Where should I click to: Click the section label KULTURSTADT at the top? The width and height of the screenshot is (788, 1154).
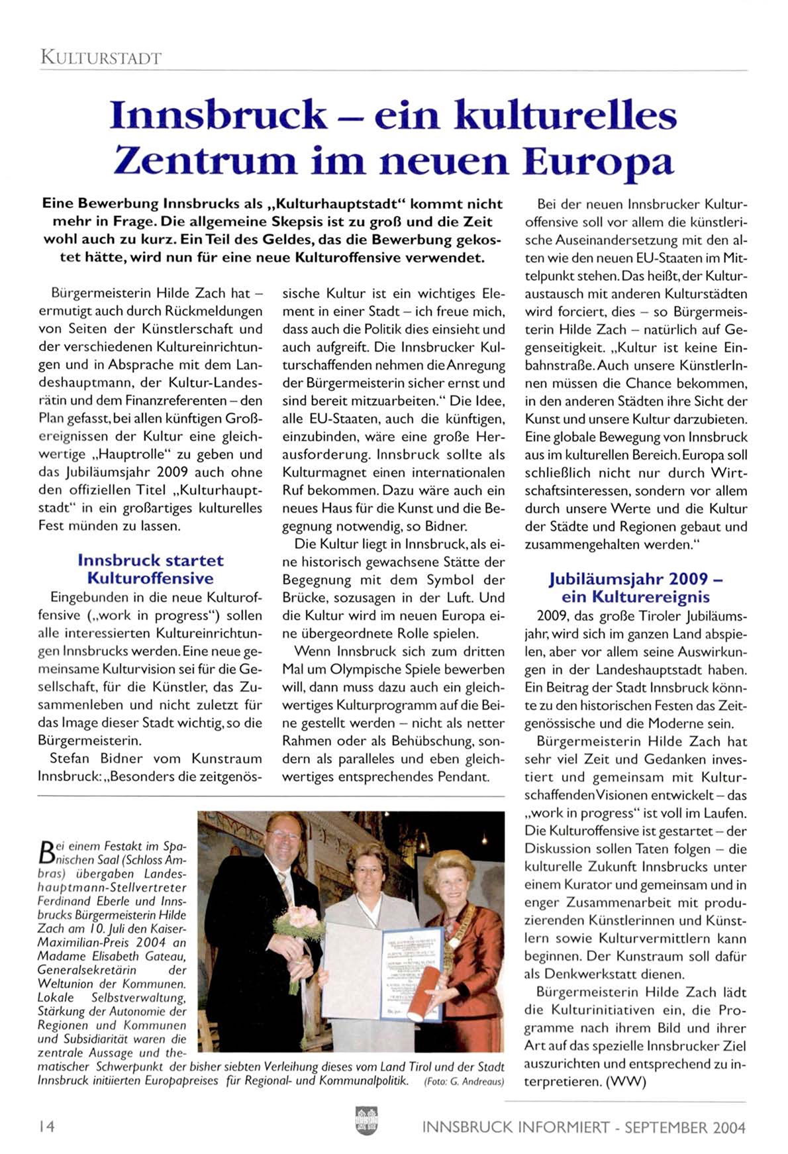point(101,57)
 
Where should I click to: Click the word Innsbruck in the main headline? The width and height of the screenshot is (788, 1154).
point(219,115)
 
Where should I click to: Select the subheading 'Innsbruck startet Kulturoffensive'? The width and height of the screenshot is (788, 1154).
point(150,569)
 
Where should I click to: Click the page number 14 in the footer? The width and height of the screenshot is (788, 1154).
point(46,1127)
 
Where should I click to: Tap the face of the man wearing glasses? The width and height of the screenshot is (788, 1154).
point(284,836)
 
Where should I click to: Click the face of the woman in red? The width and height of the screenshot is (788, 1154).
point(451,877)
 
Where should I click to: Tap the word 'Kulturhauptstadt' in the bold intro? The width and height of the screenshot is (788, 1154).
point(338,204)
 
